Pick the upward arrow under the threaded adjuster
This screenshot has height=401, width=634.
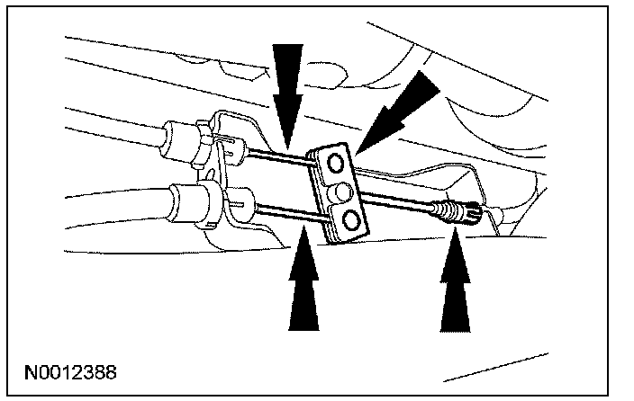pyautogui.click(x=457, y=287)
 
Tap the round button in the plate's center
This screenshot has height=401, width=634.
pyautogui.click(x=343, y=191)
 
